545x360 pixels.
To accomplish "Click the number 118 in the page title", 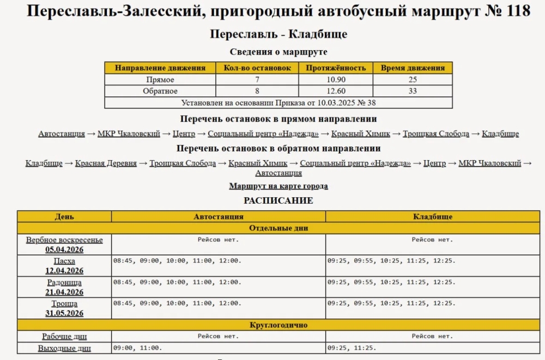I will click(513, 11).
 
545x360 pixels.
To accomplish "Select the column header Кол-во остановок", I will click(257, 68).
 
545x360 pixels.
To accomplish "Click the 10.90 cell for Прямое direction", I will click(336, 80).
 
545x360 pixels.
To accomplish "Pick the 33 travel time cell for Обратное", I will click(413, 91).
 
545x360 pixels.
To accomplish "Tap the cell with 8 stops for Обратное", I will click(257, 91).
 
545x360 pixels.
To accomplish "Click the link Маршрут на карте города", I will click(278, 186).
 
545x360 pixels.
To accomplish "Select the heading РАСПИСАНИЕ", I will click(278, 200).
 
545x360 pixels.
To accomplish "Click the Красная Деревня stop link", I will click(106, 163).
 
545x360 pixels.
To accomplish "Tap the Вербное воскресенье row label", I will click(64, 240).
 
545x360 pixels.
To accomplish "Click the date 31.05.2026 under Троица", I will click(64, 313).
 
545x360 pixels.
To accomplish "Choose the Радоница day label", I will click(64, 282).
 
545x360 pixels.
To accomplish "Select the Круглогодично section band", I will click(278, 325).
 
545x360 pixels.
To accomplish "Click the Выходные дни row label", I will click(64, 349).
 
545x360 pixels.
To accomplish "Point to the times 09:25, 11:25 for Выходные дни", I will click(352, 347).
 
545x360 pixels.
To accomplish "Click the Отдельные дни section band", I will click(278, 228).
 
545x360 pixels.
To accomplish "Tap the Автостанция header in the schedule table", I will click(219, 217).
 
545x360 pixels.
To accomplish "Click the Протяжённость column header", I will click(336, 68).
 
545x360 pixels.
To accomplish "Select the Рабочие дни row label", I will click(64, 337).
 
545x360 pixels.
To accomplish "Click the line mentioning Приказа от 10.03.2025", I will click(278, 102).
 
